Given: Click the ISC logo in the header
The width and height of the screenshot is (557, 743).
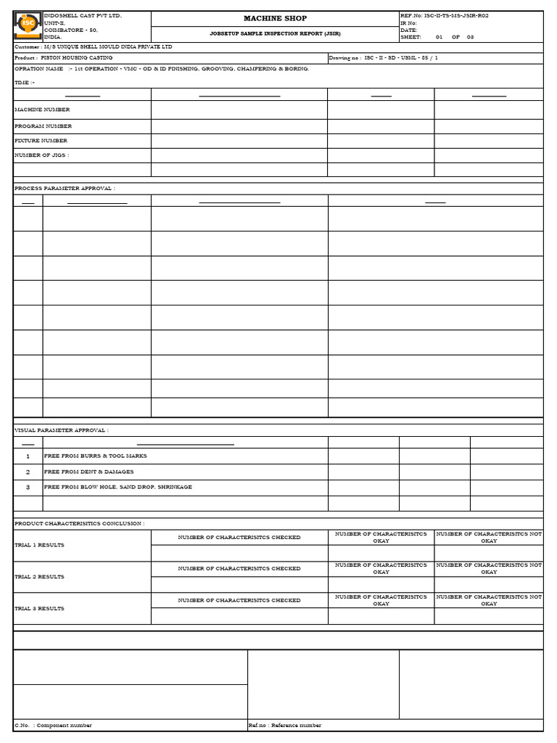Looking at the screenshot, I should pos(28,25).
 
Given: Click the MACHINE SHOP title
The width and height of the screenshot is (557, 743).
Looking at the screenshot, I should pos(275,18).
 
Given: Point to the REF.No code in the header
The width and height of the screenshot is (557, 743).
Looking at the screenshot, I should pos(450,15).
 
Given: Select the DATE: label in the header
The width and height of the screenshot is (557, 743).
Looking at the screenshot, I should pos(409,30).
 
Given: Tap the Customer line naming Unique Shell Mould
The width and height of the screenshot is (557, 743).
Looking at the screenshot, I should pos(94,47).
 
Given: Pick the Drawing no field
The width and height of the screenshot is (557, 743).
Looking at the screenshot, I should pos(384,58).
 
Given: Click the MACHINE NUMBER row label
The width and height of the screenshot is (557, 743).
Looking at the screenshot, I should pos(42,110).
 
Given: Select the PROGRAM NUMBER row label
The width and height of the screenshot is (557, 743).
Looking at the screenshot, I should pos(43,126).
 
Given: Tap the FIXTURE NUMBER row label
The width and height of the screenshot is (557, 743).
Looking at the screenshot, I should pos(41,141).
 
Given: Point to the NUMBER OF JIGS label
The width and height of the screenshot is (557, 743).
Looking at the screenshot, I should pos(41,155).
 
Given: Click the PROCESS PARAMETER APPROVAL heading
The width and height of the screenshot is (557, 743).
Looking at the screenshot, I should pos(65,189).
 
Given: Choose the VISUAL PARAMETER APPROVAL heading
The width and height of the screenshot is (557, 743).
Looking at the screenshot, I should pos(62,430).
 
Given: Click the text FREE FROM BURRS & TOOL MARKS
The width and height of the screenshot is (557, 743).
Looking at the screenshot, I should pos(95,456).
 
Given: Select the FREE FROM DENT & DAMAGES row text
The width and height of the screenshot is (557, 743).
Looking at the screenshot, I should pos(88,472).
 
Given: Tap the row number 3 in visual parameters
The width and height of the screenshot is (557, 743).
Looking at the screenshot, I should pos(28,488).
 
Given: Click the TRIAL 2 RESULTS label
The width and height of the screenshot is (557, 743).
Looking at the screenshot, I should pos(39,577).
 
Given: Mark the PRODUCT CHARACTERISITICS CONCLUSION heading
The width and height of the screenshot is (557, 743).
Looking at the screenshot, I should pos(79,523).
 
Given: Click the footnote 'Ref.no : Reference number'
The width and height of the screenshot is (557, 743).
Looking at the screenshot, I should pos(284,725).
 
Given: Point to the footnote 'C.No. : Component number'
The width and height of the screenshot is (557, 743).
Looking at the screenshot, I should pos(53,725).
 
